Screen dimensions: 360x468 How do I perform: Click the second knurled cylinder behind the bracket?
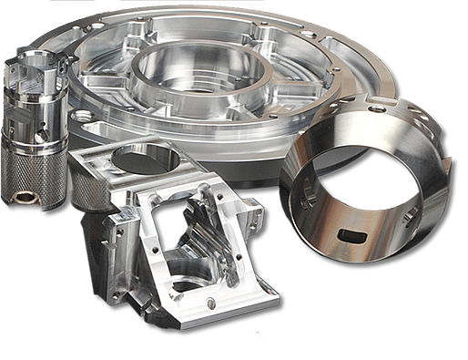(86, 187)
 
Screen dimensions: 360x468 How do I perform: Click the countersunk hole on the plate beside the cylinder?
(83, 118)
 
